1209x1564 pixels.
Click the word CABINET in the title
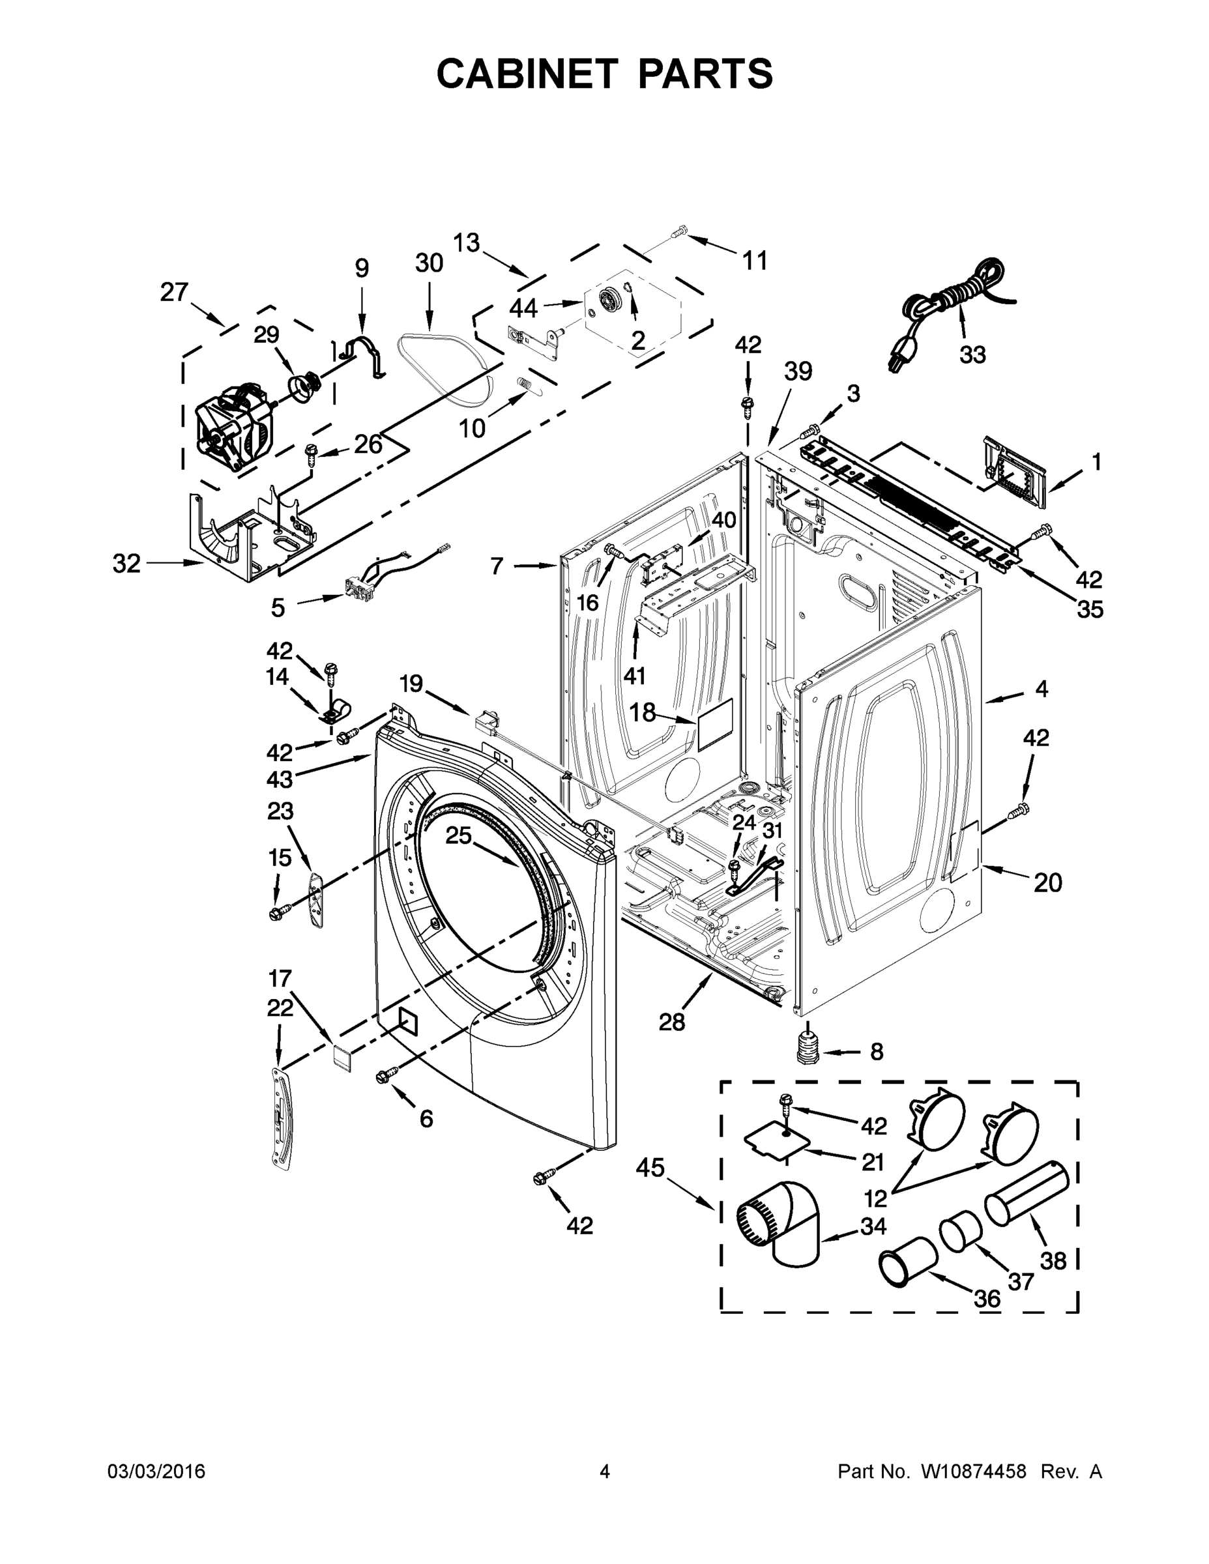tap(527, 74)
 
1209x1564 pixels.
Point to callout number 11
tap(754, 261)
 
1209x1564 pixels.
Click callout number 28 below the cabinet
tap(672, 1022)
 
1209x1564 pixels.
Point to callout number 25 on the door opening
tap(458, 835)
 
